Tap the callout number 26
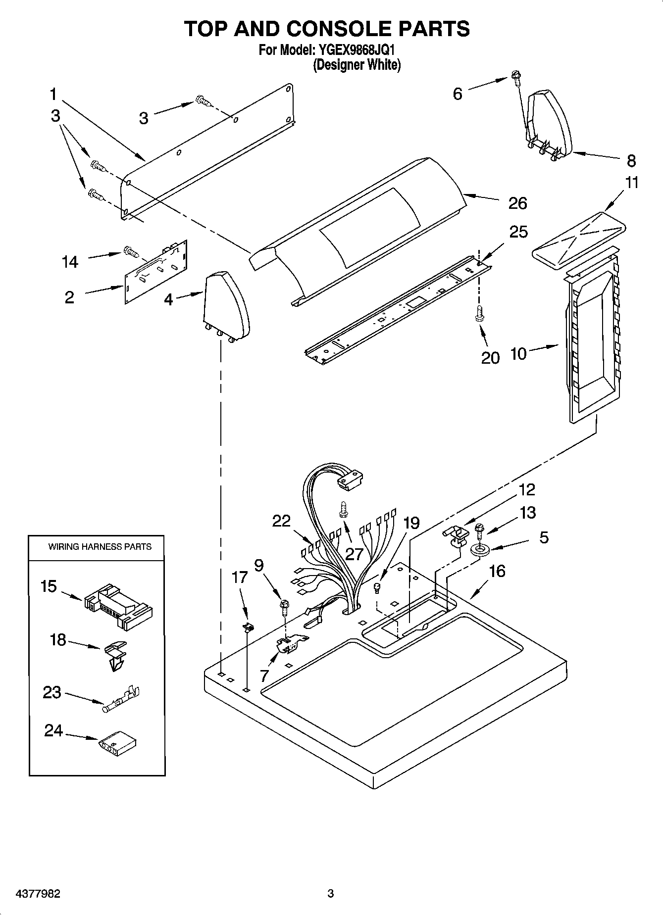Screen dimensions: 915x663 (x=517, y=203)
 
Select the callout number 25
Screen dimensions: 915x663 (x=518, y=232)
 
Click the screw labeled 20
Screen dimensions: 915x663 (x=479, y=313)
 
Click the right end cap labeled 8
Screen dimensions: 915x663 (x=550, y=122)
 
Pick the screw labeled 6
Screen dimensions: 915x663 (x=515, y=78)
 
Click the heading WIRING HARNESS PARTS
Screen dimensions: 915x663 (x=100, y=547)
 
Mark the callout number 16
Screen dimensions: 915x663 (x=497, y=571)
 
